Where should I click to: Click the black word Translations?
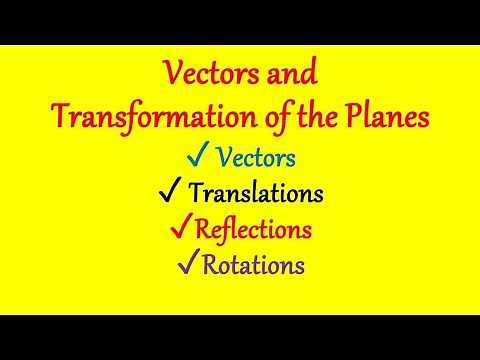click(x=258, y=193)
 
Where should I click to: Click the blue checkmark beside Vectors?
click(x=197, y=157)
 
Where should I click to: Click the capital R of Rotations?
click(x=210, y=265)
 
